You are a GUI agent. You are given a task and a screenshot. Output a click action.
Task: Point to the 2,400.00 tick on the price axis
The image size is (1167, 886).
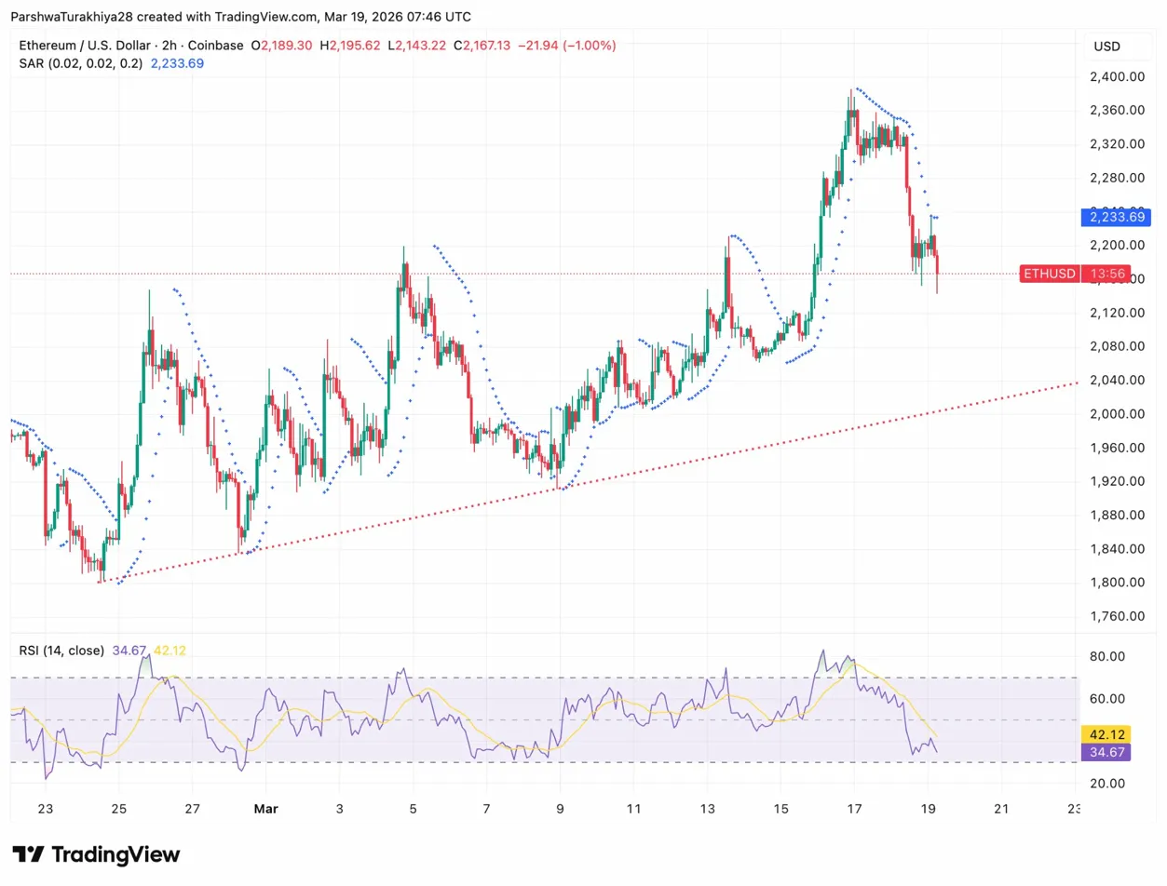click(x=1117, y=76)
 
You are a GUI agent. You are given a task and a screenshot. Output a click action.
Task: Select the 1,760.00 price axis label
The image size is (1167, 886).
click(x=1117, y=616)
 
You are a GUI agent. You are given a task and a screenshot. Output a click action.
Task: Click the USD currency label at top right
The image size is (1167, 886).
click(x=1106, y=47)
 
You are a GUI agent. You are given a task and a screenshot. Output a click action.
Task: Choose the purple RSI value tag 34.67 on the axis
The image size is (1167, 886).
click(x=1105, y=751)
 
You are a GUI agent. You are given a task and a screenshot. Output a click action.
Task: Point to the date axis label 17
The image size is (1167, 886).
click(x=854, y=808)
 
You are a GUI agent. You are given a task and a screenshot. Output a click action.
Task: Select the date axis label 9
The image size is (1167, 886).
click(x=560, y=808)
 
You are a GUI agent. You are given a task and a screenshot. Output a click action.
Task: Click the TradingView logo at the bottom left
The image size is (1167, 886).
click(x=96, y=854)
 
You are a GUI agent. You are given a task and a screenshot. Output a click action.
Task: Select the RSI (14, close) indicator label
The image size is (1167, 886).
click(x=61, y=651)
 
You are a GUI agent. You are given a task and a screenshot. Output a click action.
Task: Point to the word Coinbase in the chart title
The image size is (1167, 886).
click(x=219, y=45)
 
